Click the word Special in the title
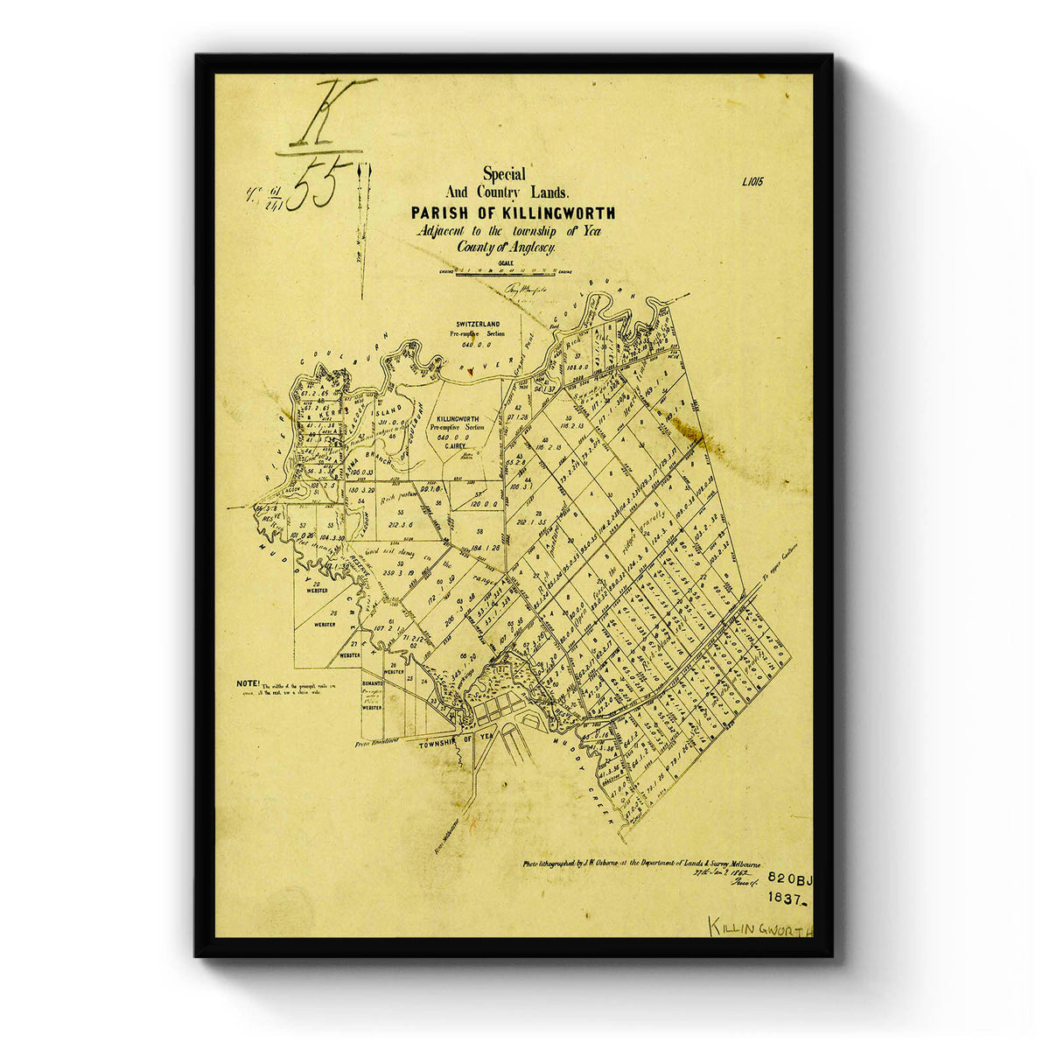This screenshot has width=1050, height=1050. tap(504, 174)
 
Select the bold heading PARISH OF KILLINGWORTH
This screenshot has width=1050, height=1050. tap(513, 213)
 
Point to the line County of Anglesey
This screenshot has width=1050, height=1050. tap(506, 248)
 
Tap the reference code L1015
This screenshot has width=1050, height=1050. tap(752, 183)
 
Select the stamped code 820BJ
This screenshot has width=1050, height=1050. tap(790, 876)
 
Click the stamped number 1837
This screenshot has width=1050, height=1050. tap(788, 897)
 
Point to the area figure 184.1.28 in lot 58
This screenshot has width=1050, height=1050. tap(479, 547)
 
